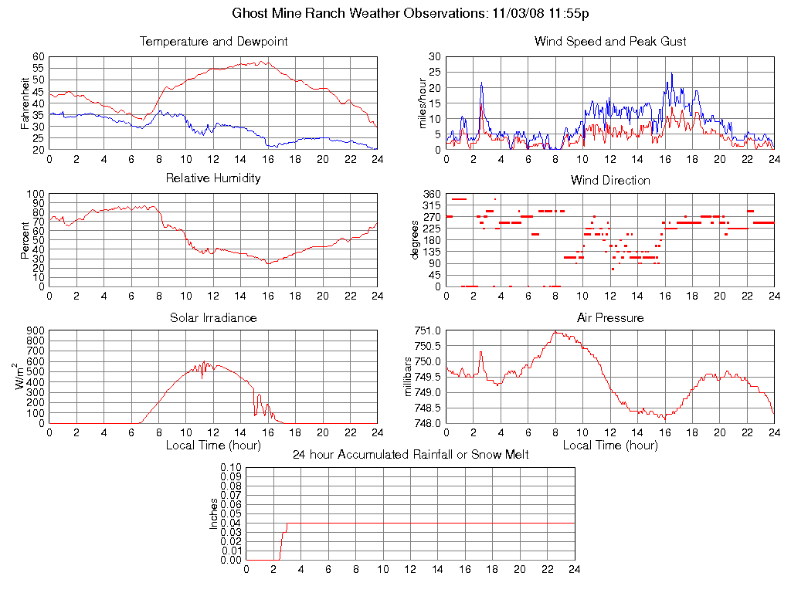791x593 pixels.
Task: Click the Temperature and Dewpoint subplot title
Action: coord(213,41)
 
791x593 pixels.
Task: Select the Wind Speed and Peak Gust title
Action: coord(610,41)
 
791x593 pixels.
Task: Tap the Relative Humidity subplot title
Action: coord(213,178)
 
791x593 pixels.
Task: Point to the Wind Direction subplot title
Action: coord(610,180)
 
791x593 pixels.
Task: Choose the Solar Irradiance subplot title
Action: coord(213,317)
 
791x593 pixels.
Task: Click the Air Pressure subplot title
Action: coord(610,317)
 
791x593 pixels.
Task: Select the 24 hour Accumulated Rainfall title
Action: coord(410,454)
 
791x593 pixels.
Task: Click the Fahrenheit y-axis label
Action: coord(25,103)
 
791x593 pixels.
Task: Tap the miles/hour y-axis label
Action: coord(423,103)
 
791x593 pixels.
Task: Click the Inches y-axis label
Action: coord(214,513)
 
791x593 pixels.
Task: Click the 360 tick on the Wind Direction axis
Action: coord(431,194)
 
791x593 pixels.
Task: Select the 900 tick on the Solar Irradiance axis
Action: coord(36,330)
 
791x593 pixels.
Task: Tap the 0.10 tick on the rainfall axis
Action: coord(230,467)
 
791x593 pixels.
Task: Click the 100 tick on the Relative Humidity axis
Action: coord(36,194)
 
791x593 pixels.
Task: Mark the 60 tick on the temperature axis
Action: coord(39,56)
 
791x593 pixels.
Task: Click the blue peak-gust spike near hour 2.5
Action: coord(481,83)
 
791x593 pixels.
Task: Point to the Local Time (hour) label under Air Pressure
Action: coord(610,445)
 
